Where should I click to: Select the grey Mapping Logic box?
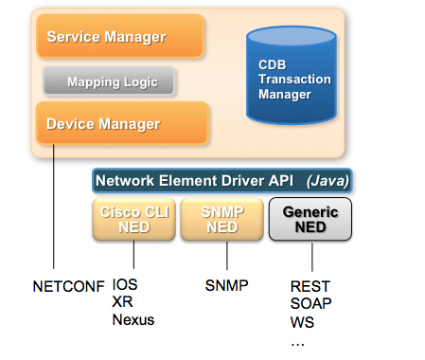(112, 82)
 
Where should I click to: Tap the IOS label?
(125, 284)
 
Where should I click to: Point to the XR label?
(122, 301)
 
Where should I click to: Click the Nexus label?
(133, 319)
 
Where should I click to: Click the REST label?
(310, 284)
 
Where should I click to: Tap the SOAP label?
(310, 302)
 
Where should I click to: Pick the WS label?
(303, 321)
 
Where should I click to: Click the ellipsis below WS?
(298, 340)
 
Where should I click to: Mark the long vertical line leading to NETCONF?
(54, 208)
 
